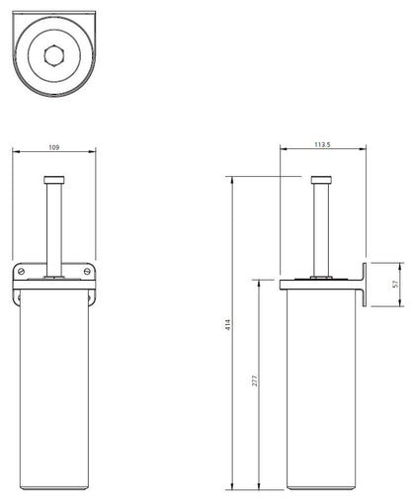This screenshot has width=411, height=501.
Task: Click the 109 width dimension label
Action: (54, 147)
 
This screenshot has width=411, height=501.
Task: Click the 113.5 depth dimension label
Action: (322, 144)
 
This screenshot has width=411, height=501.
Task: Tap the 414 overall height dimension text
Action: (228, 325)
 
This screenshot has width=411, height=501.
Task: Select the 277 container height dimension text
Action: (255, 380)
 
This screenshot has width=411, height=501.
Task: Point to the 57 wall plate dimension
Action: (395, 284)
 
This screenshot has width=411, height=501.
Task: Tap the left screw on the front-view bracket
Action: (22, 272)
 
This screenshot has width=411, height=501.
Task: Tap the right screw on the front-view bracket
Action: (87, 272)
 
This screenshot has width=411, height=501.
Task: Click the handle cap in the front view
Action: (54, 180)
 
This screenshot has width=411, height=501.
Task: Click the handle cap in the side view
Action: (321, 180)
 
